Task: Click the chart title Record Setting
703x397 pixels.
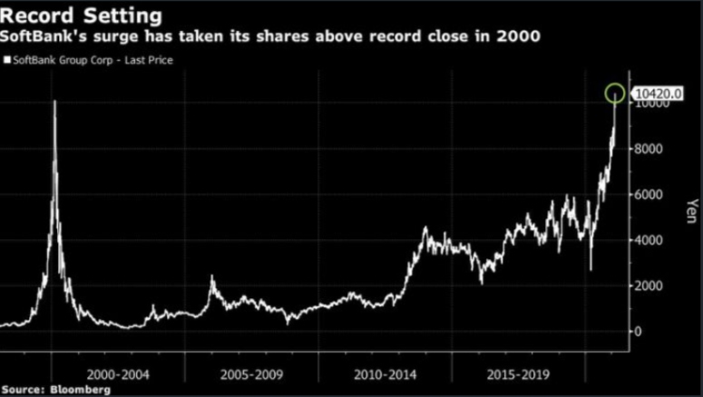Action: pyautogui.click(x=83, y=15)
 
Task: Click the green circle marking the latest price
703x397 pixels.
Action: pyautogui.click(x=615, y=92)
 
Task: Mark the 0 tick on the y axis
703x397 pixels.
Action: pyautogui.click(x=639, y=332)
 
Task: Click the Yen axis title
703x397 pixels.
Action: pyautogui.click(x=691, y=211)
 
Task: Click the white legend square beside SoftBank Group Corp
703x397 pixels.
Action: pyautogui.click(x=6, y=60)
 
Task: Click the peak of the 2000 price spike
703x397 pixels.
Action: pyautogui.click(x=54, y=102)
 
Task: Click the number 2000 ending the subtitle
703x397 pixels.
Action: pyautogui.click(x=522, y=39)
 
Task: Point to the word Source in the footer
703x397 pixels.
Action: pyautogui.click(x=22, y=390)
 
